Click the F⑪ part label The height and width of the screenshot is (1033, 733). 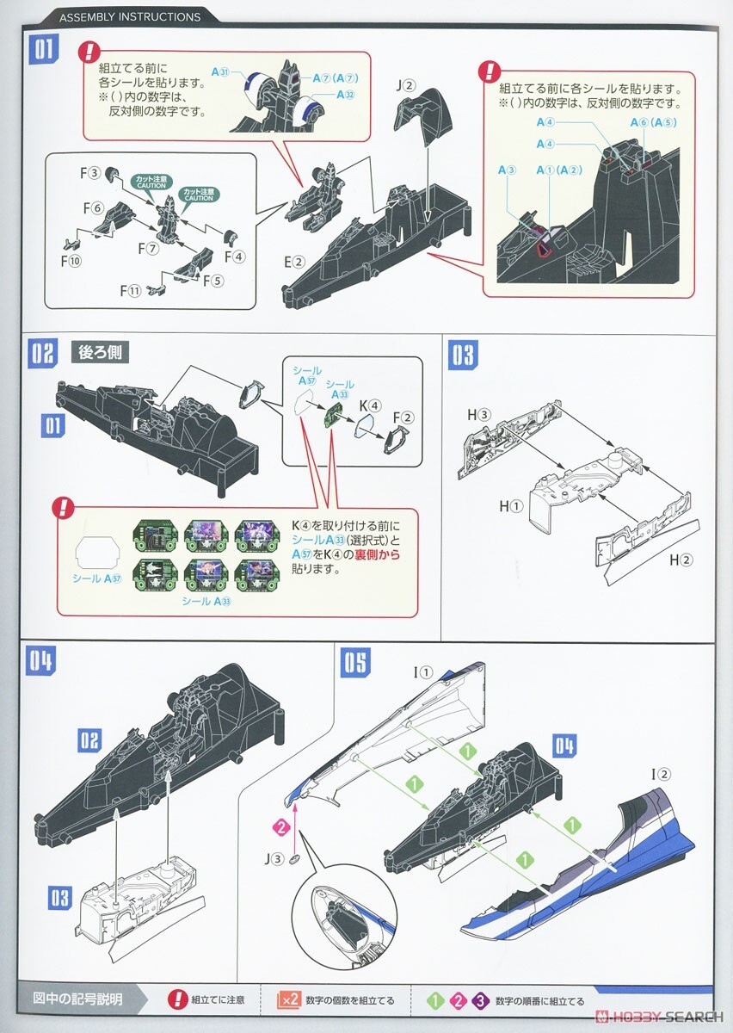coord(130,290)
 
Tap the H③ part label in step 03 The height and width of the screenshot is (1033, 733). coord(478,415)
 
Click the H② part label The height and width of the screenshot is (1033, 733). coord(681,560)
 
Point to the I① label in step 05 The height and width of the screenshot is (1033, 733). coord(424,672)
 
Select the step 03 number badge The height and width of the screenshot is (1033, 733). coord(462,355)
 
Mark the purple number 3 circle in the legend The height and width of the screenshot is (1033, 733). coord(481,1001)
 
